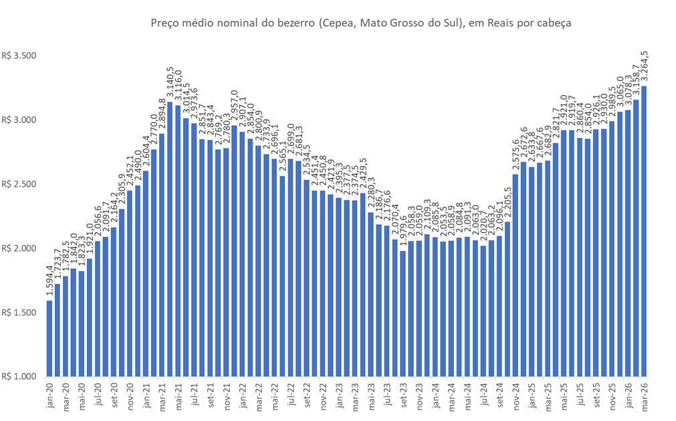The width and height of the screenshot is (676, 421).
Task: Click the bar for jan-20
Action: [49, 338]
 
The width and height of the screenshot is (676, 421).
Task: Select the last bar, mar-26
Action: [645, 231]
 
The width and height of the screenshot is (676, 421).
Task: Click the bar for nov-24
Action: [515, 275]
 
